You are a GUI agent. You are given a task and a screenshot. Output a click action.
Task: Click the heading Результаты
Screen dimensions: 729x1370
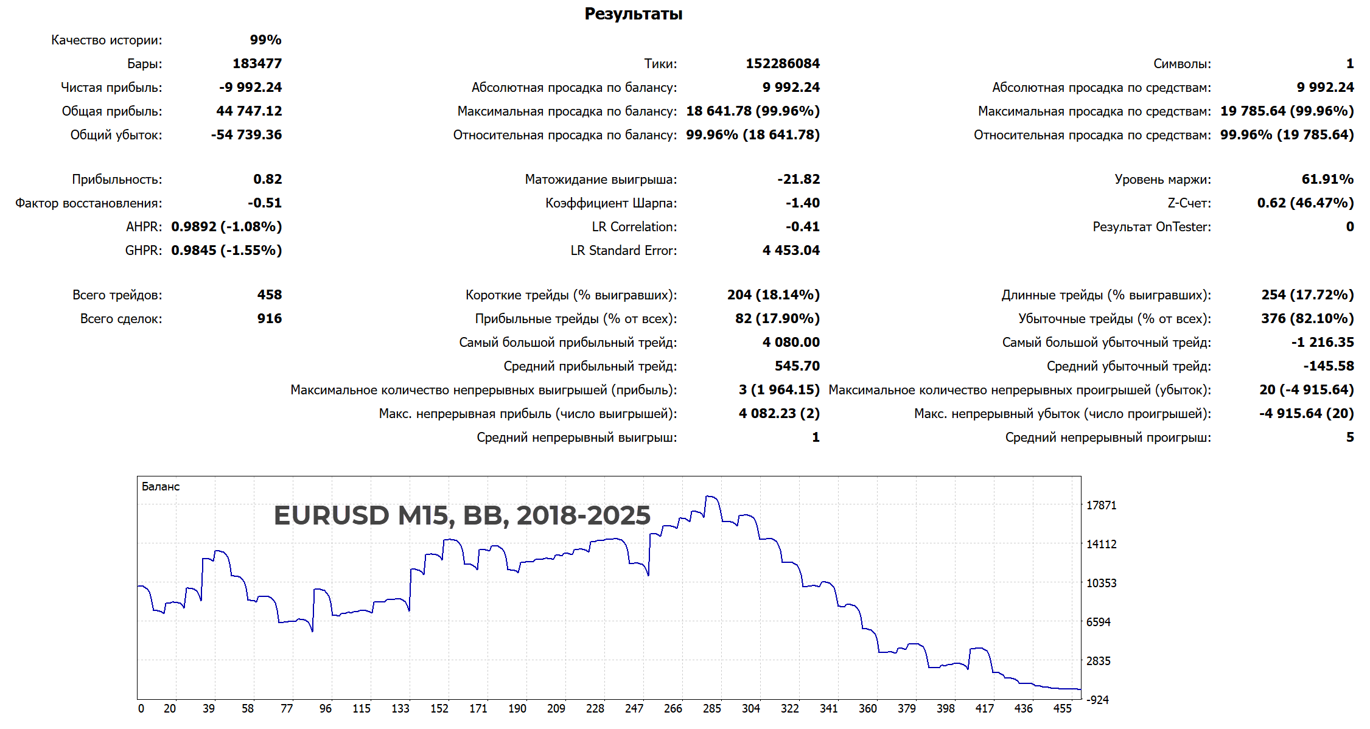point(633,14)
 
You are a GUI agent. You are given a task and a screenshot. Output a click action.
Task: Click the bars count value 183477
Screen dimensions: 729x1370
point(257,64)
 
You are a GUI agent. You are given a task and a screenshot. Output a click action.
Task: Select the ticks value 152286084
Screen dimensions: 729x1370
point(783,64)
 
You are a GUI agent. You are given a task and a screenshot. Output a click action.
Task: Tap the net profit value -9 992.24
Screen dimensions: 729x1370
point(250,88)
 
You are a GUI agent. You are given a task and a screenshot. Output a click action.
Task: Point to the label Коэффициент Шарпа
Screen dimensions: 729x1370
point(610,203)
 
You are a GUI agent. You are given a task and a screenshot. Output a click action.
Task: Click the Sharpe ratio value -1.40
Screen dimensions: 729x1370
point(802,203)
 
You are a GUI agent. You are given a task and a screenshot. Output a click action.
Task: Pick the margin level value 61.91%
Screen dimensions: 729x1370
point(1327,180)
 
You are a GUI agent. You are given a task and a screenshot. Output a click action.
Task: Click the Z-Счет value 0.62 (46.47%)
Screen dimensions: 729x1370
point(1305,203)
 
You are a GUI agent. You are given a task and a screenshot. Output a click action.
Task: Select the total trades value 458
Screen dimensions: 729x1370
point(269,295)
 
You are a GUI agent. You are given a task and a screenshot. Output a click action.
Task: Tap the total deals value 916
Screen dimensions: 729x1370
point(269,319)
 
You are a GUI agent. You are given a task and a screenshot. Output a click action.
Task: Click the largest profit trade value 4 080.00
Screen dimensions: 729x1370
point(791,343)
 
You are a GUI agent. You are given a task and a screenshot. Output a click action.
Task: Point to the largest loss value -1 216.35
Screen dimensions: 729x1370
point(1323,343)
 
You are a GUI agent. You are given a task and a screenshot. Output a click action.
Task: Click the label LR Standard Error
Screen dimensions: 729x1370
point(623,251)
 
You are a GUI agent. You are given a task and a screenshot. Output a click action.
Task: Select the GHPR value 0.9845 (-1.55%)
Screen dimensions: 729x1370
point(226,251)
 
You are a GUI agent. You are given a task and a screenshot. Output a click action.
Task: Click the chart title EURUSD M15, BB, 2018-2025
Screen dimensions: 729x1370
point(462,515)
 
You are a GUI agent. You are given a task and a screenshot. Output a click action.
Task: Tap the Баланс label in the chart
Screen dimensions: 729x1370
point(161,487)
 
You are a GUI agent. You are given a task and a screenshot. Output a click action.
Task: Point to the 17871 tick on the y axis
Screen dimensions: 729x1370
point(1101,506)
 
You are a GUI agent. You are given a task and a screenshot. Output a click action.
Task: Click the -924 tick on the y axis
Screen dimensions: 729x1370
point(1098,700)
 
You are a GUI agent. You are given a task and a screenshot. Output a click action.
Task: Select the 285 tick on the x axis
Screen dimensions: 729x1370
point(711,709)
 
